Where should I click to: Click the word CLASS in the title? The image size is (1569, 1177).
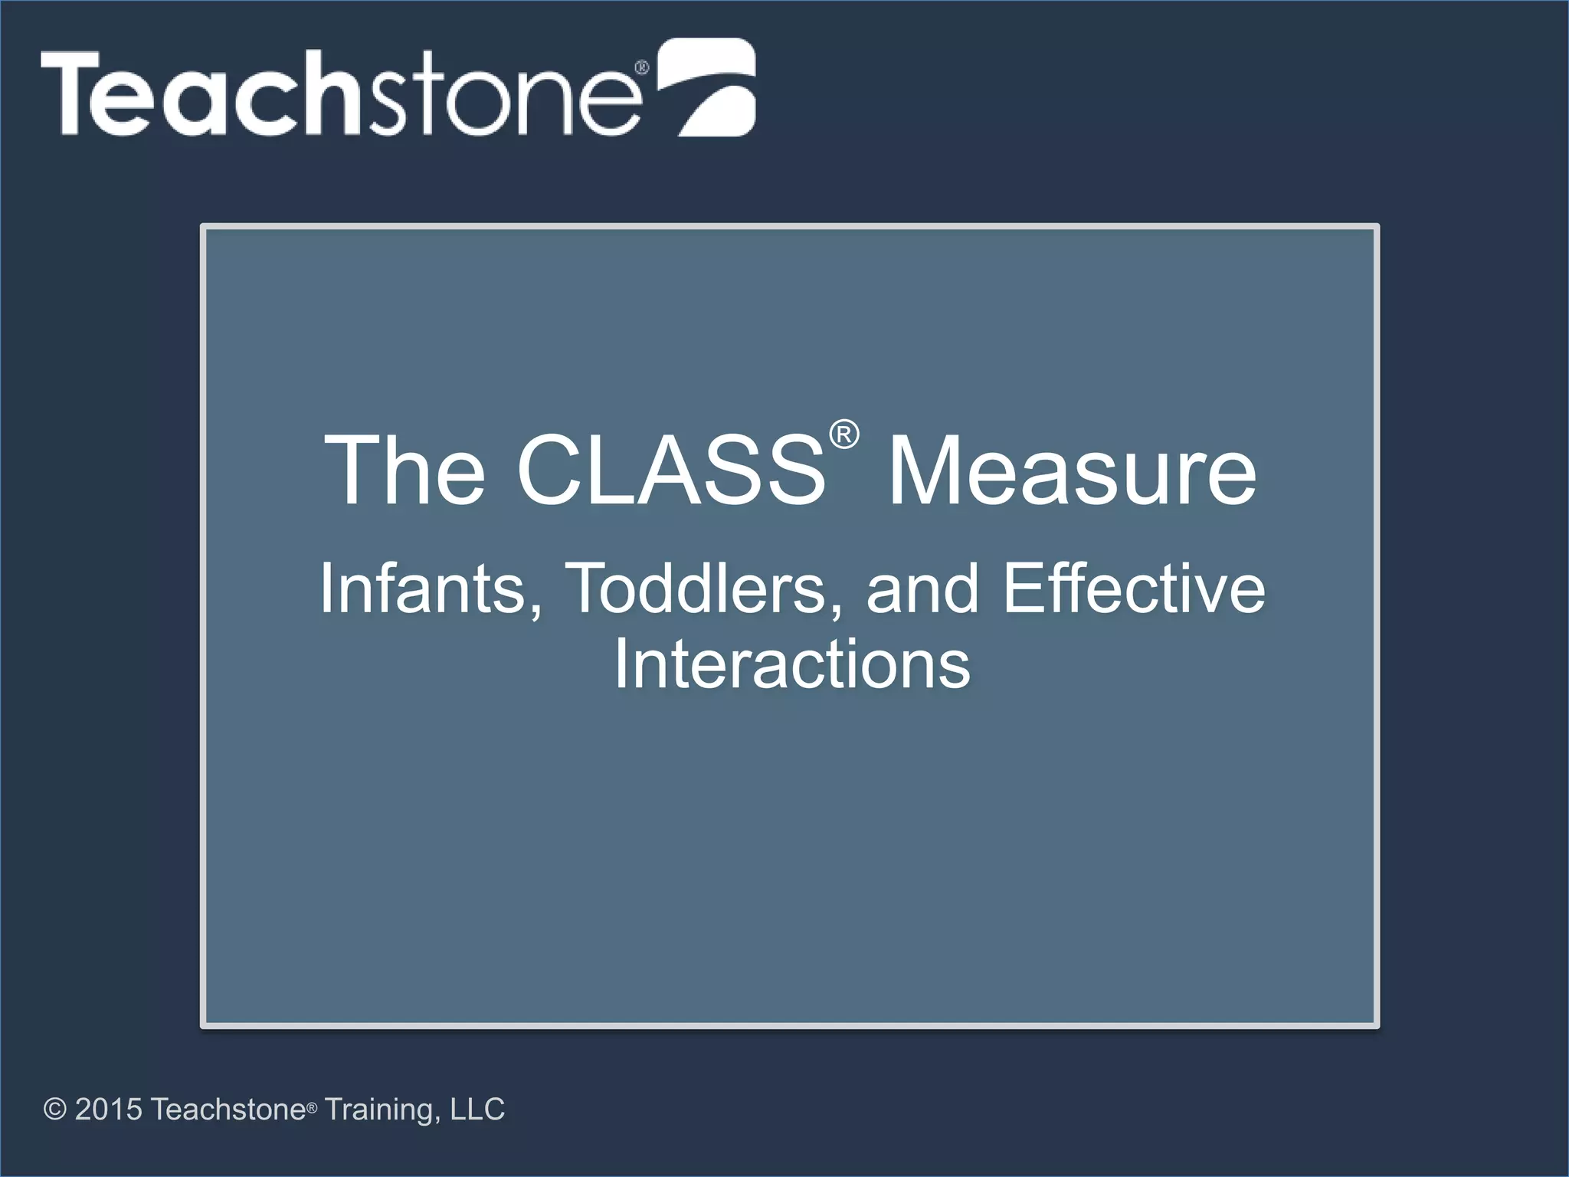[671, 470]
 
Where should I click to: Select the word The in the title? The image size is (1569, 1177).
[405, 470]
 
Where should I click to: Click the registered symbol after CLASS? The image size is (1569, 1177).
[844, 435]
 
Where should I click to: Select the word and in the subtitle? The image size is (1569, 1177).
[922, 588]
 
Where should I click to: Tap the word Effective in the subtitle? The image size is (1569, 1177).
[1134, 588]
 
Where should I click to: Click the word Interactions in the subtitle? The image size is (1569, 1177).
[792, 664]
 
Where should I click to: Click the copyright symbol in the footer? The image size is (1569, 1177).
[55, 1109]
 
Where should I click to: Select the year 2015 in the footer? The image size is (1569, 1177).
[108, 1109]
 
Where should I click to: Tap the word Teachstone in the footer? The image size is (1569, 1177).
[228, 1109]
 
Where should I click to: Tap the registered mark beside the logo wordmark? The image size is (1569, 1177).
[642, 67]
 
